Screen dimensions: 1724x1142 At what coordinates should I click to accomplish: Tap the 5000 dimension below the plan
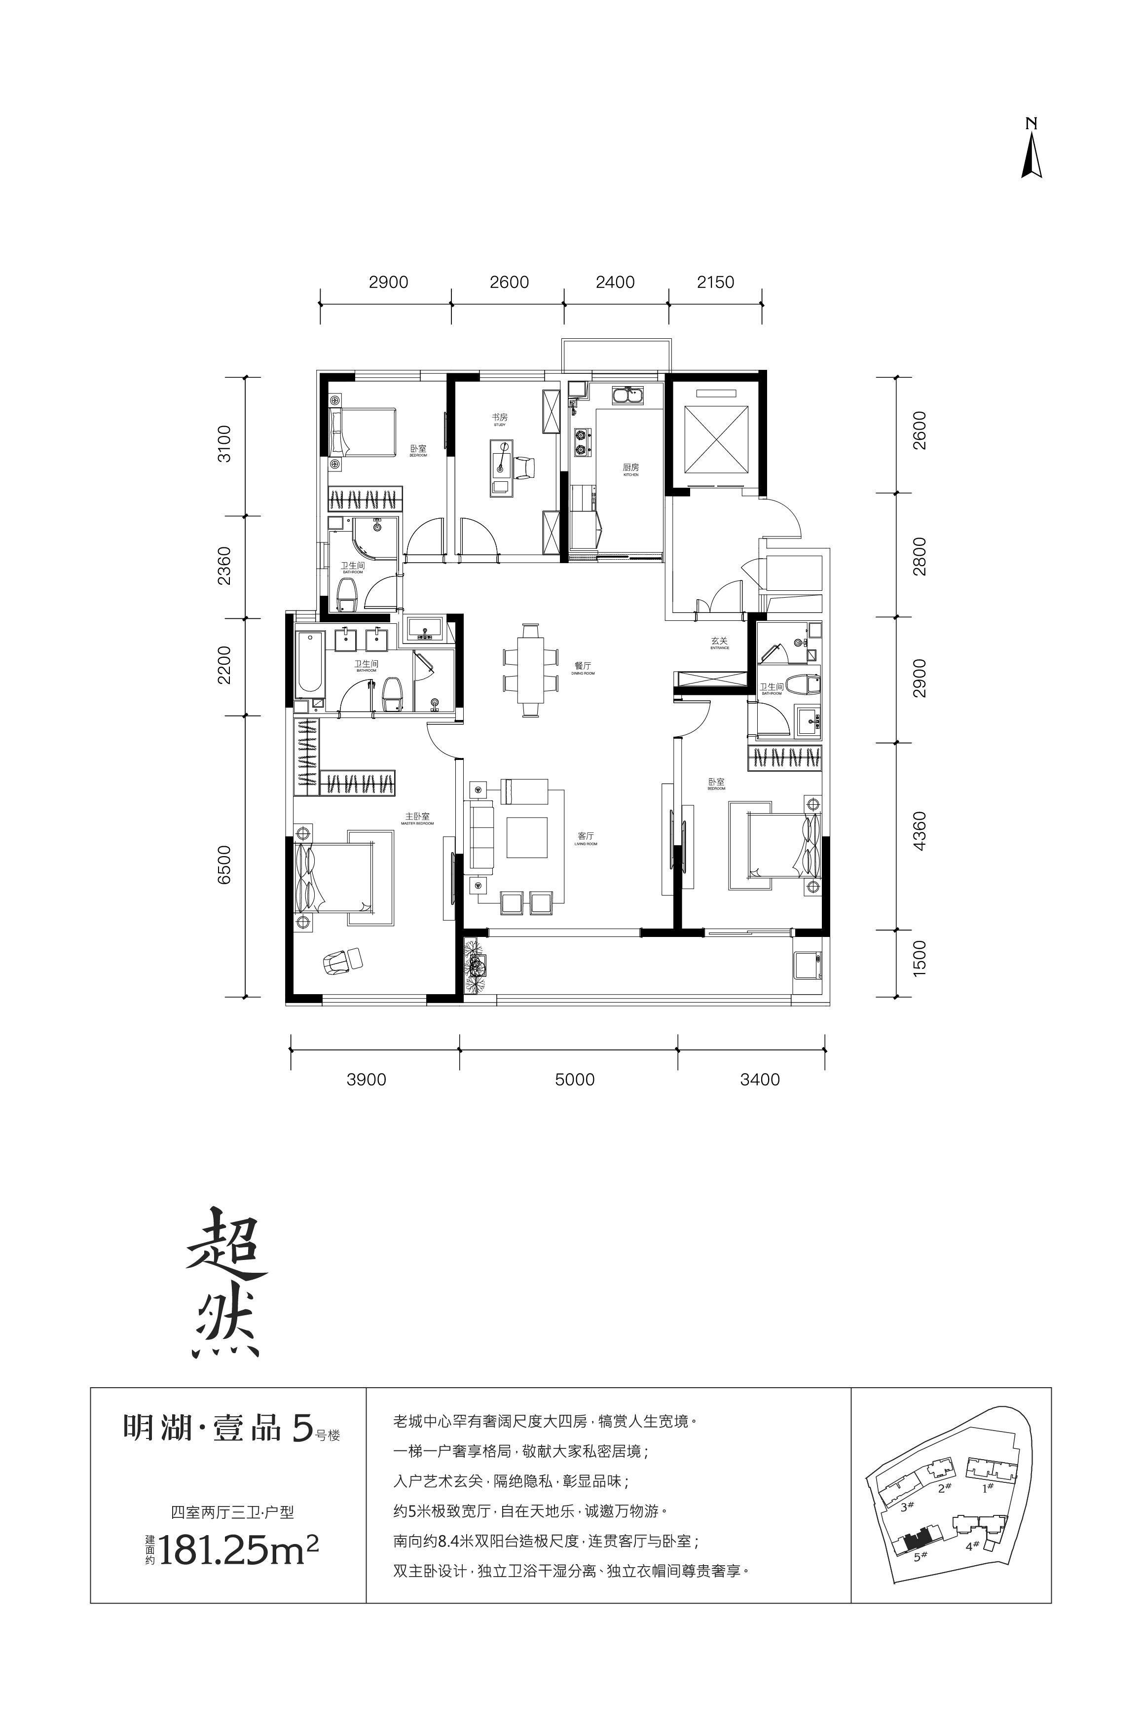(575, 1079)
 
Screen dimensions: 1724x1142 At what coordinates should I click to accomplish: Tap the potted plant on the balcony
(477, 966)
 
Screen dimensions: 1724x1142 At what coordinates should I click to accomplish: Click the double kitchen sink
(628, 397)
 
